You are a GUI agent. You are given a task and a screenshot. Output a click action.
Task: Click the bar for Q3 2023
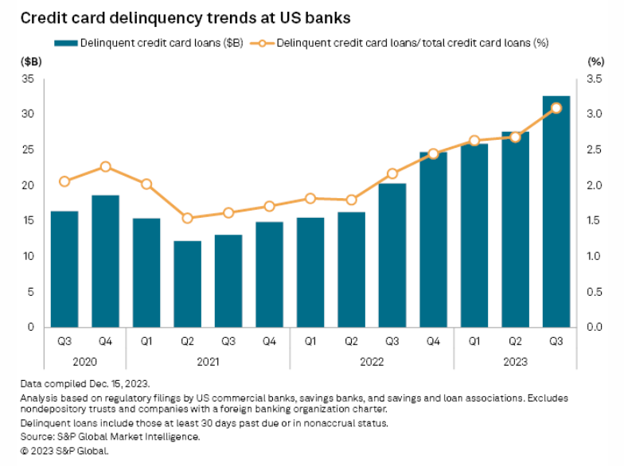[x=556, y=212]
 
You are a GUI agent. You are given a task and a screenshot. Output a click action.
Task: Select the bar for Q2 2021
[x=188, y=284]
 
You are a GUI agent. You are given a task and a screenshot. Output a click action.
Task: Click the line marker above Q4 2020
[x=106, y=167]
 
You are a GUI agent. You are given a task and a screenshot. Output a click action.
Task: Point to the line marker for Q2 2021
[x=188, y=218]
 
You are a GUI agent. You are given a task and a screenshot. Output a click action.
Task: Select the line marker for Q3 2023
[x=556, y=108]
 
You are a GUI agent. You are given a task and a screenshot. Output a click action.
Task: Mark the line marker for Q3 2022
[x=392, y=173]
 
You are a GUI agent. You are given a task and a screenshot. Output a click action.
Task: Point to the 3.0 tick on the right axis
[x=595, y=115]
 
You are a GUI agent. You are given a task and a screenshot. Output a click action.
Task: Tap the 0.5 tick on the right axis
[x=595, y=292]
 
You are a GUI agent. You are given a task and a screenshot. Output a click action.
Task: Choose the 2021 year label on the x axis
[x=208, y=359]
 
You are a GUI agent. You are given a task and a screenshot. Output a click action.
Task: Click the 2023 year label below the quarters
[x=515, y=359]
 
